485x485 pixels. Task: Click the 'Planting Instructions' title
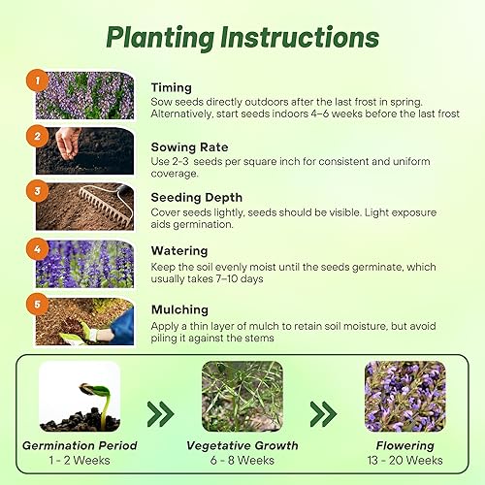point(242,37)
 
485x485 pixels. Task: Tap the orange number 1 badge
point(36,81)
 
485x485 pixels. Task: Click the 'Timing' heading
point(171,86)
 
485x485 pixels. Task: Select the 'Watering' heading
point(179,250)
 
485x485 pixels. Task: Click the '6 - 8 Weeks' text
point(243,462)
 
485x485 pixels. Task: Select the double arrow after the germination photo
point(160,414)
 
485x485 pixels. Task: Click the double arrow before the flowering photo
point(323,414)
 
